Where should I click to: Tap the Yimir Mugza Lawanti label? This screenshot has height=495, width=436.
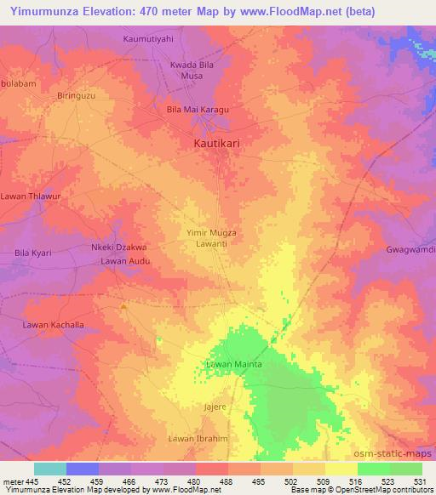pyautogui.click(x=209, y=237)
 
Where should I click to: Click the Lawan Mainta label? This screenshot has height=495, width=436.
pyautogui.click(x=232, y=365)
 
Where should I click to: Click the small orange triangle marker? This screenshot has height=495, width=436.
pyautogui.click(x=124, y=306)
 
